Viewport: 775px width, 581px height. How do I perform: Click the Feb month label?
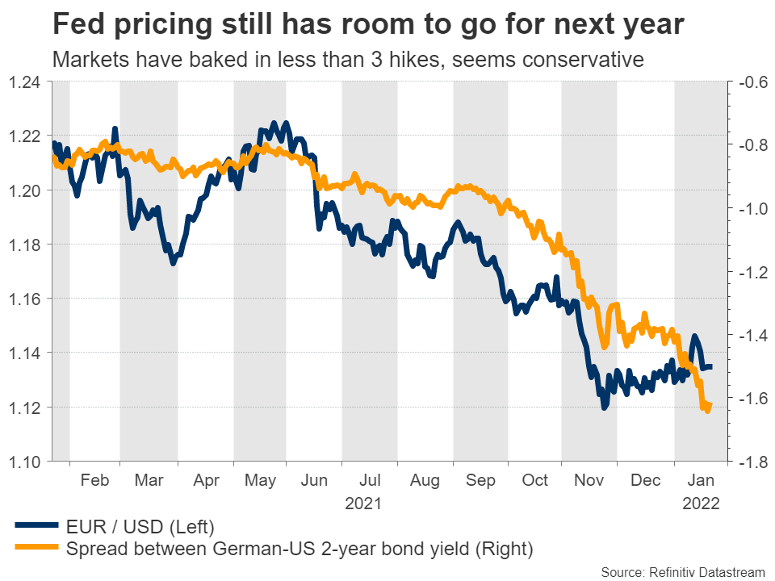pos(95,479)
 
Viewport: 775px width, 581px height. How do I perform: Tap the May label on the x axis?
pos(260,479)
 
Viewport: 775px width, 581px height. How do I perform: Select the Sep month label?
pos(480,479)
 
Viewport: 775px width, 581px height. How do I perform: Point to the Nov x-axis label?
pos(590,479)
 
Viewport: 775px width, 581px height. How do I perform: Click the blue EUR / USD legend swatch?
pos(37,528)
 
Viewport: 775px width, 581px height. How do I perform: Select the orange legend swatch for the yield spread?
pos(37,550)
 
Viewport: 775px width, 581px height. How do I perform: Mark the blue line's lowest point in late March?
pos(173,262)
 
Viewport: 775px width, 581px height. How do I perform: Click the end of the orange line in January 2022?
pos(710,404)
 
